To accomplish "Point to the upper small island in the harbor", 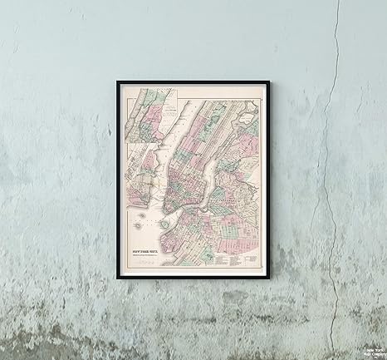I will [141, 217].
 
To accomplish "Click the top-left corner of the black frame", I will [118, 81].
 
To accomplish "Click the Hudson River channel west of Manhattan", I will [163, 150].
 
